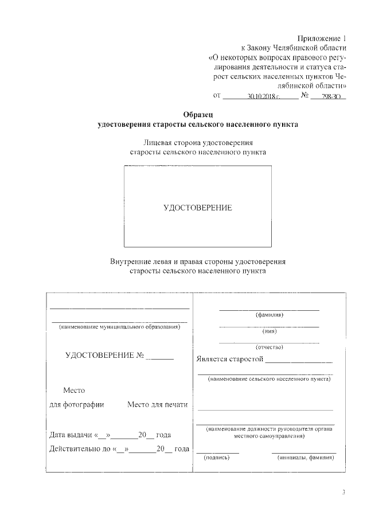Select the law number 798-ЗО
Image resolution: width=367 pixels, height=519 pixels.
[331, 97]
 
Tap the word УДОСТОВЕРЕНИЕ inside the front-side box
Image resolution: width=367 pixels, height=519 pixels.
[198, 208]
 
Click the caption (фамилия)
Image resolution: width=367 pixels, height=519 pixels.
[270, 315]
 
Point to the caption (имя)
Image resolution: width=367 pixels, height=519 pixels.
[270, 331]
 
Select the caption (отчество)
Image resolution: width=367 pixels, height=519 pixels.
[270, 347]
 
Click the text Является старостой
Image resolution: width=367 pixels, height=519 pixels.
[229, 360]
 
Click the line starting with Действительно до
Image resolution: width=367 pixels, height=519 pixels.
[119, 448]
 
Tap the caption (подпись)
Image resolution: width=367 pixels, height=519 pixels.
[217, 458]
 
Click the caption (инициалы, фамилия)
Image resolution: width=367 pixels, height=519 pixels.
[303, 458]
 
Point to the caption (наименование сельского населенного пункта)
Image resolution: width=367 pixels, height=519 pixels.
[270, 379]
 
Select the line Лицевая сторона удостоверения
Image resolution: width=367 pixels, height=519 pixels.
[198, 142]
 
